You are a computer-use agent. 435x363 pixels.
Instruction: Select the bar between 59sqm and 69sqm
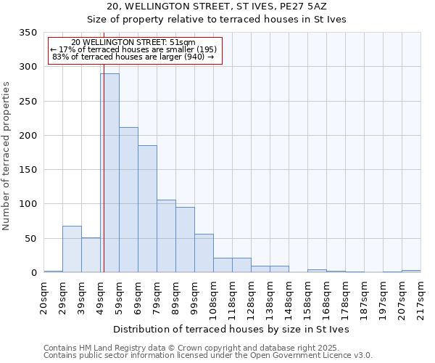coord(128,200)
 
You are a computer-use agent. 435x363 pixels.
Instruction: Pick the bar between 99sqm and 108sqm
coord(204,253)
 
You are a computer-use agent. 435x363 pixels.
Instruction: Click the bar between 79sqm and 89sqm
coord(166,236)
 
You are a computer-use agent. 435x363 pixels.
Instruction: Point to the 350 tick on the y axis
coord(28,33)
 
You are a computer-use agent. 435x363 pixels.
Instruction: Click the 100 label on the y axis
coord(28,204)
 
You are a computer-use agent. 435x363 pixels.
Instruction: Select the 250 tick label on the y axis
coord(28,102)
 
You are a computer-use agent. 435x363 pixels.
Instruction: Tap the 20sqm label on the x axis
coord(44,298)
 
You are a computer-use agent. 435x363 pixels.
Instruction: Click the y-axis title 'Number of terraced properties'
coord(7,155)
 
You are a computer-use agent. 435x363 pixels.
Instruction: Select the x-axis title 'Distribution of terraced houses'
coord(231,330)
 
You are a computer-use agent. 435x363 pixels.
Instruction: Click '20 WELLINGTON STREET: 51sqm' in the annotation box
coord(133,43)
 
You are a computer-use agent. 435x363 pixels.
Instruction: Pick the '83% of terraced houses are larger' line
coord(133,57)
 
